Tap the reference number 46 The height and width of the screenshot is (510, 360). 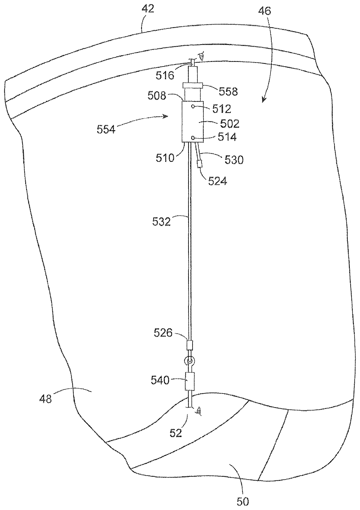tap(264, 12)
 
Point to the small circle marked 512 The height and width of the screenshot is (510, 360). tap(193, 107)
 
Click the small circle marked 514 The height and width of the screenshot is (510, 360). tap(193, 137)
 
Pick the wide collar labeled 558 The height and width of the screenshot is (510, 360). tap(192, 86)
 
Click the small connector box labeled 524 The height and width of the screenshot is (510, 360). tap(200, 164)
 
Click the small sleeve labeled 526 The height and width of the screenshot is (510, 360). tap(189, 345)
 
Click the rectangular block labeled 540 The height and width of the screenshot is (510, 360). tap(190, 381)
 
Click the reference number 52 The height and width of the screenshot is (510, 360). tap(176, 433)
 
